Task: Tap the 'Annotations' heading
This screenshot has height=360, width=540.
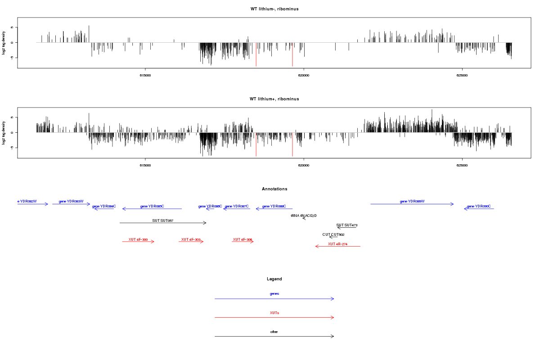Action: click(x=274, y=189)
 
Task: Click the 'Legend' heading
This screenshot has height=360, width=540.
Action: click(x=274, y=279)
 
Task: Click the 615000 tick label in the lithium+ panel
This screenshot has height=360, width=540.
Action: click(x=145, y=166)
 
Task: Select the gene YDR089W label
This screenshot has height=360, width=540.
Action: click(x=412, y=201)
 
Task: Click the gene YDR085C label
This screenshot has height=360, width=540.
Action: click(x=152, y=206)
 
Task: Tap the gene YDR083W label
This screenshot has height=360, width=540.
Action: click(x=71, y=201)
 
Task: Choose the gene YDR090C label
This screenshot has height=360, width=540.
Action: click(x=479, y=206)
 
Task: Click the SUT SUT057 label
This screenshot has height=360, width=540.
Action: click(x=163, y=220)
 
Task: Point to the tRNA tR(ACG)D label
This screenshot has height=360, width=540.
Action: click(x=304, y=216)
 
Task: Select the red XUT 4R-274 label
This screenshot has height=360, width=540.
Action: click(x=337, y=244)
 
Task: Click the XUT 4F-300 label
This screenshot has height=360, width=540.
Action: click(x=138, y=239)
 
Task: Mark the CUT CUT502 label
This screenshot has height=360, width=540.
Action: click(x=333, y=234)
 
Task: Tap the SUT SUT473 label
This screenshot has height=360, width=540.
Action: click(x=347, y=225)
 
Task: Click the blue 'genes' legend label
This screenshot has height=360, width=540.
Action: click(x=274, y=293)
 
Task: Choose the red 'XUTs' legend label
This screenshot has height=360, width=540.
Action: click(x=274, y=312)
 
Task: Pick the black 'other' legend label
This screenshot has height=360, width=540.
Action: click(x=274, y=332)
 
